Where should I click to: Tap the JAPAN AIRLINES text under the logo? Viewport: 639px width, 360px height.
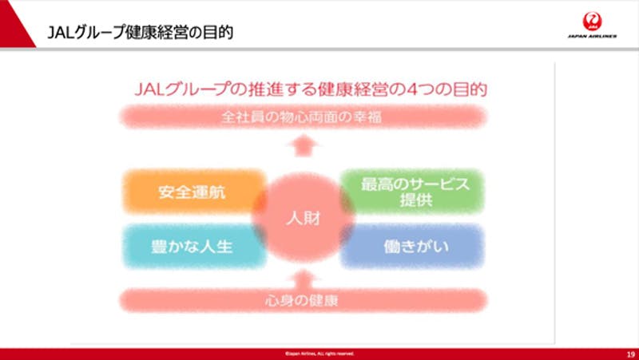click(592, 37)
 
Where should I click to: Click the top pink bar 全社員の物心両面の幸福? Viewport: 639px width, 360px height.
click(303, 117)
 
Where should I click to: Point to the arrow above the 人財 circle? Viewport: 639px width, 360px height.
click(303, 146)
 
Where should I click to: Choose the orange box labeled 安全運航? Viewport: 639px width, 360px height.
click(194, 193)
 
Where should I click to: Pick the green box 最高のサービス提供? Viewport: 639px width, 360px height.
click(411, 192)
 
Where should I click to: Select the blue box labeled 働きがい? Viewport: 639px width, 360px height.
click(411, 246)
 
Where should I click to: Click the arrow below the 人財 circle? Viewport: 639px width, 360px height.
click(303, 277)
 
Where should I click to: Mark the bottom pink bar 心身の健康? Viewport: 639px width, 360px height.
click(303, 301)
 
